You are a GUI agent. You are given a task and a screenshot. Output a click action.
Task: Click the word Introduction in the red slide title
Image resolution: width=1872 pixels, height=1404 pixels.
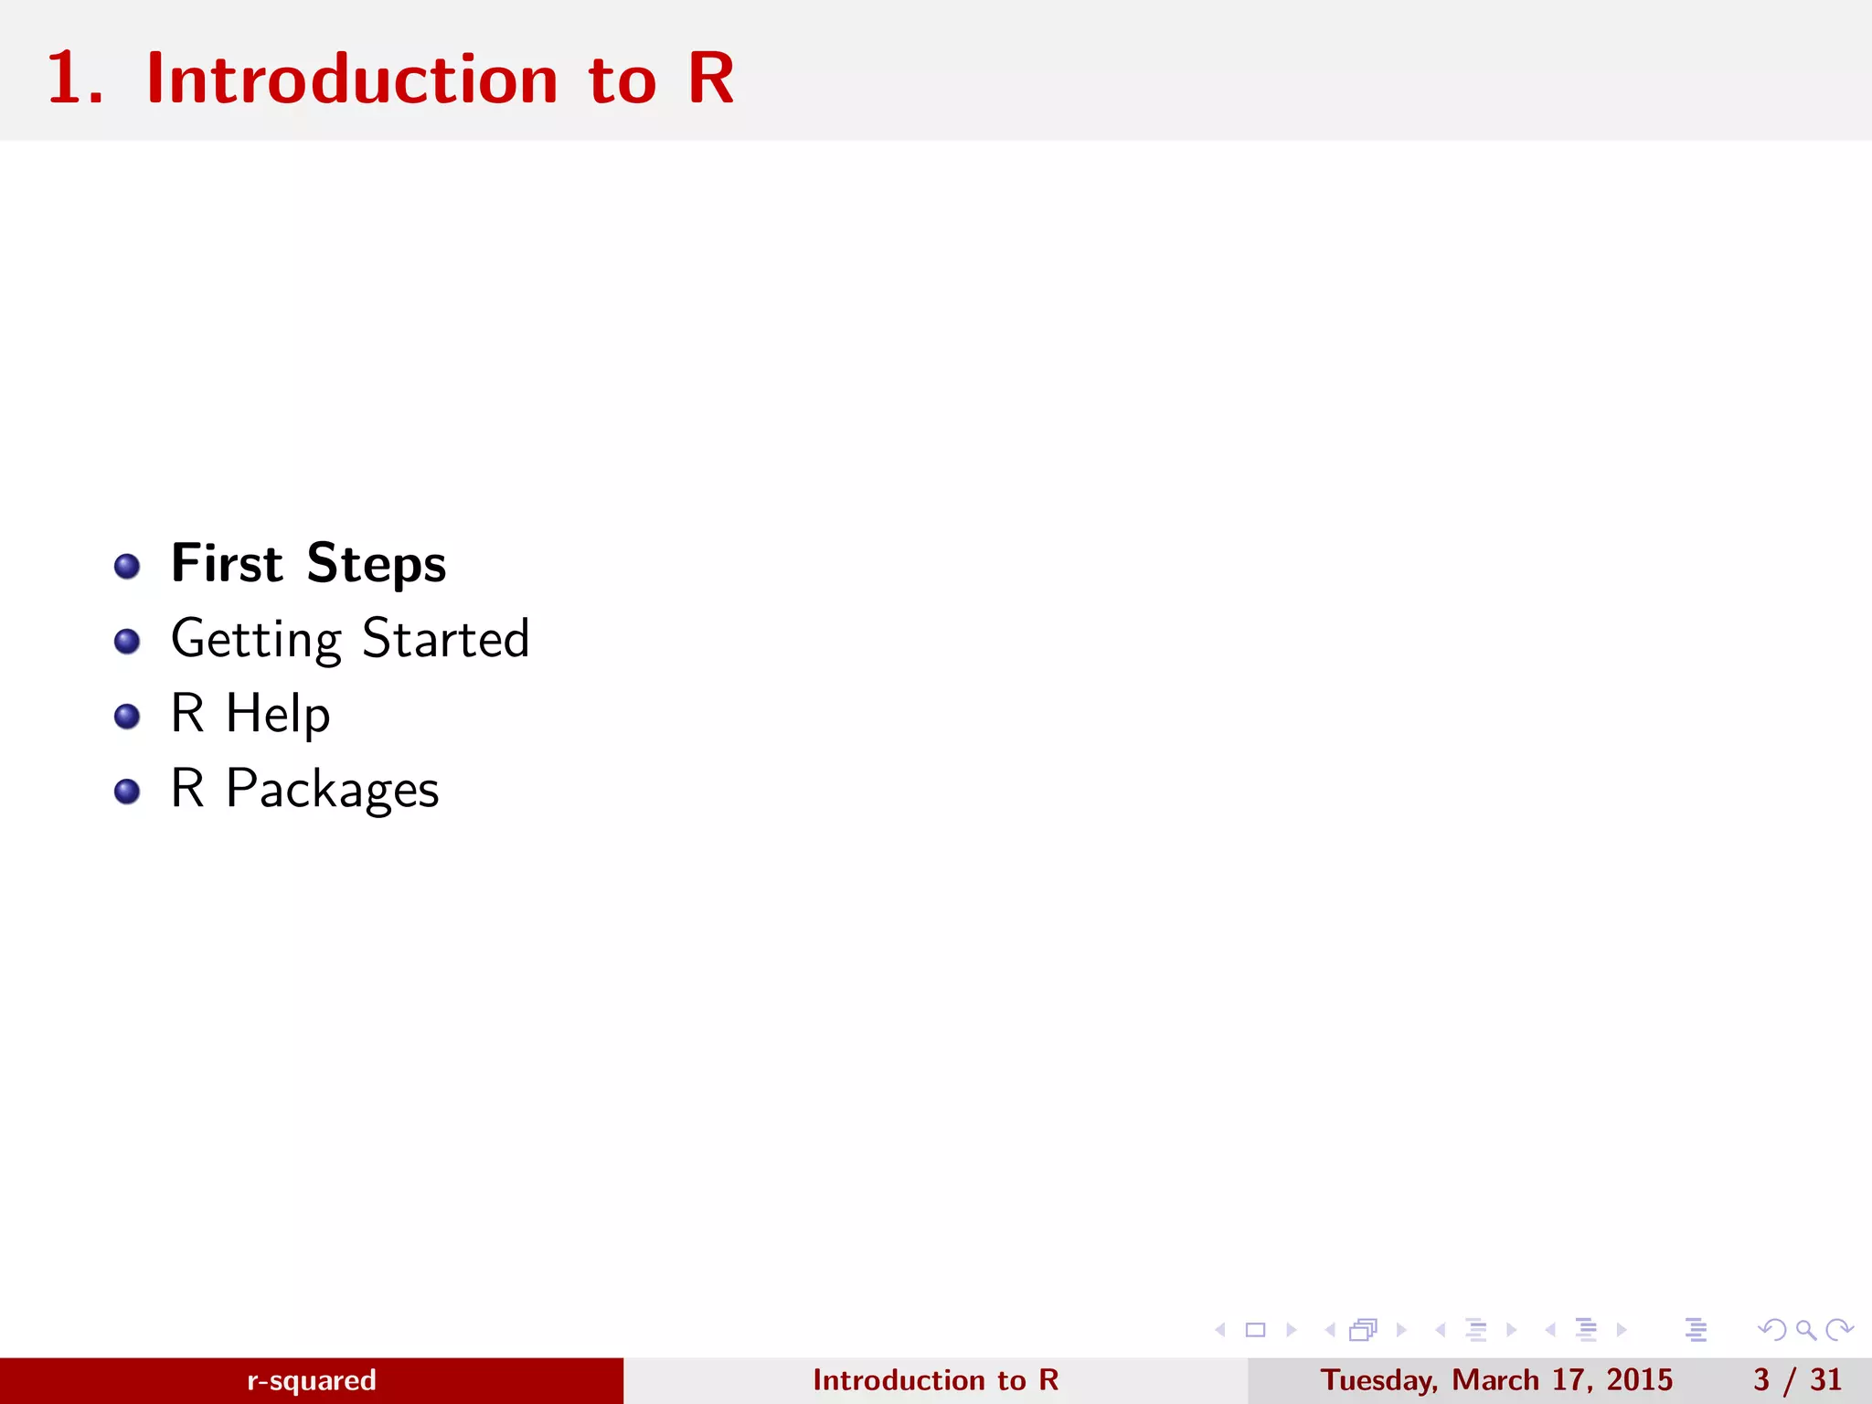352,80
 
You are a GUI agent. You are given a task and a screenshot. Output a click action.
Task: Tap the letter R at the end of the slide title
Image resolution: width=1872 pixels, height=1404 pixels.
710,80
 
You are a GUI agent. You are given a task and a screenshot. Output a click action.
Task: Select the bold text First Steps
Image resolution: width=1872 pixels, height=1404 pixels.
308,563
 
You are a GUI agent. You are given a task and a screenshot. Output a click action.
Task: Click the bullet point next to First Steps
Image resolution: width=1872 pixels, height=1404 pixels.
127,567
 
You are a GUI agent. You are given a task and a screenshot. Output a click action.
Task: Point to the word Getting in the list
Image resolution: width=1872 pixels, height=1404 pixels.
256,639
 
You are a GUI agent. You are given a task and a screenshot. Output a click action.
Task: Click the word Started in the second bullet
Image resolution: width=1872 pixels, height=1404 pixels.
445,638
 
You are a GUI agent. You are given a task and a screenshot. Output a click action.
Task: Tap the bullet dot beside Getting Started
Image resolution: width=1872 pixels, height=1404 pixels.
127,642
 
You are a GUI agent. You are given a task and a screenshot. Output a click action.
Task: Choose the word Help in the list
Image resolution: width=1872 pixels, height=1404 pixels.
278,714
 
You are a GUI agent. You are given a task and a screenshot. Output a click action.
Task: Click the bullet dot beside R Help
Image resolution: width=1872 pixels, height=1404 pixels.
127,717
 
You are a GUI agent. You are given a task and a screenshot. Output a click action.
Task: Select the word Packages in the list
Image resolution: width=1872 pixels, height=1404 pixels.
332,789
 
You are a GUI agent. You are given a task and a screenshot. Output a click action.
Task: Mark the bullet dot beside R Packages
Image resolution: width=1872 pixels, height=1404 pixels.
127,792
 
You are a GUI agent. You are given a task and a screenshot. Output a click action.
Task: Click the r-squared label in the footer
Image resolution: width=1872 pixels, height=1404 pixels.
311,1380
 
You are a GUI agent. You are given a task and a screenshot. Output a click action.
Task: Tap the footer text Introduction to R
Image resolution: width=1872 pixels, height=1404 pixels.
935,1380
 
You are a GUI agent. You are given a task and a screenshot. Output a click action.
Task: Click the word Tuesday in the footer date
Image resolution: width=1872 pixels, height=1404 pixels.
1378,1380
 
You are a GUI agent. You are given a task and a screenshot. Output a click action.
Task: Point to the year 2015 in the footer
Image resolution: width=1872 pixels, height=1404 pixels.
1639,1380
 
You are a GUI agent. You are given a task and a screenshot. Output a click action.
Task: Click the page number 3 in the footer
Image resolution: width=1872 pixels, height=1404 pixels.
1761,1380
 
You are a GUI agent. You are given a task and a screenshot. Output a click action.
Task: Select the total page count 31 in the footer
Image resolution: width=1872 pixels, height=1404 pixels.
1825,1380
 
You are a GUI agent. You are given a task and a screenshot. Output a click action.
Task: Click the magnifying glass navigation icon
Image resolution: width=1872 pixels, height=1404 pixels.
1805,1330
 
